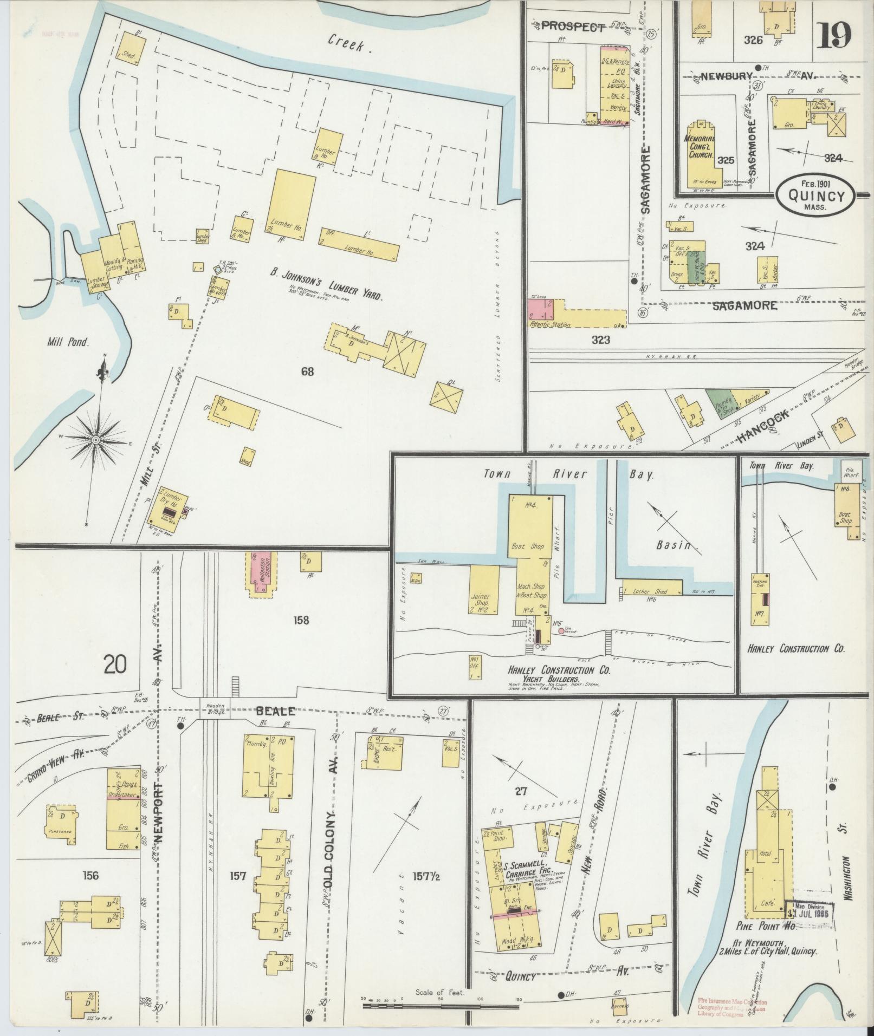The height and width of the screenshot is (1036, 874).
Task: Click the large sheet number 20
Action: (x=115, y=664)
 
